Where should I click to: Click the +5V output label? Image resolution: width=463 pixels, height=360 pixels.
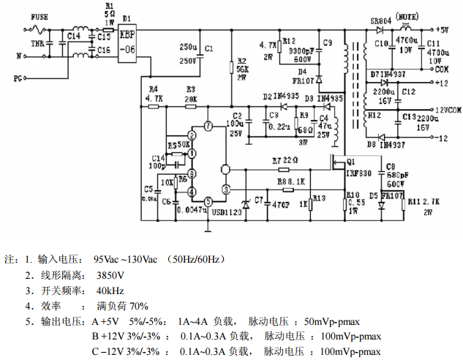442,30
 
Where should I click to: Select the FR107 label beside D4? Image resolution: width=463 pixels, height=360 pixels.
306,80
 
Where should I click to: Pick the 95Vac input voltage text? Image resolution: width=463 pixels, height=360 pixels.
109,259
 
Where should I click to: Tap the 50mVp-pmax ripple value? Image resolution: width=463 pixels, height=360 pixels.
334,321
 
